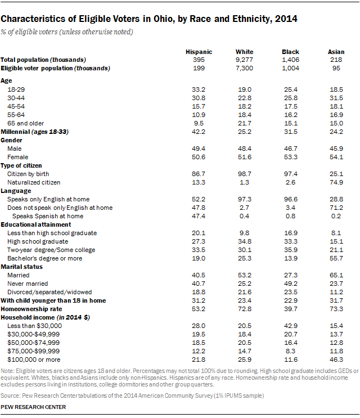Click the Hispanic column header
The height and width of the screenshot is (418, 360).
(199, 52)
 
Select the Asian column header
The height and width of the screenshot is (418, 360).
(336, 52)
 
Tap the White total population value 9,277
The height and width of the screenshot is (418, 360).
(244, 60)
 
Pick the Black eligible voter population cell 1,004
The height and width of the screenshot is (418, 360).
(290, 68)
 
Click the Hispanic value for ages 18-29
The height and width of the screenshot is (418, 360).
(199, 89)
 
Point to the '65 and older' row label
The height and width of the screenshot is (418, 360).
(25, 123)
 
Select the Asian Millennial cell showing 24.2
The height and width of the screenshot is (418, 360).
(336, 132)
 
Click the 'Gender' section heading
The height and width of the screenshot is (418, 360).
(11, 139)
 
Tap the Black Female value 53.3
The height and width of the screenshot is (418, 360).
(290, 157)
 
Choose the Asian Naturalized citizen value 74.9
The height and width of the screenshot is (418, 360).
(336, 182)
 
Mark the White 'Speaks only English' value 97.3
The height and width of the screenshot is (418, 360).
(244, 200)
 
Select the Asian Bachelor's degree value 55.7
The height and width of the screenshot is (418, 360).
(336, 258)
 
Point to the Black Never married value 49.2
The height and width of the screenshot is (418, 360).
(290, 284)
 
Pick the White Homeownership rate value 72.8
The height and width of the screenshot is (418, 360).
(244, 309)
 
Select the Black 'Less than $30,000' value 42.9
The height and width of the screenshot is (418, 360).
(290, 326)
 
